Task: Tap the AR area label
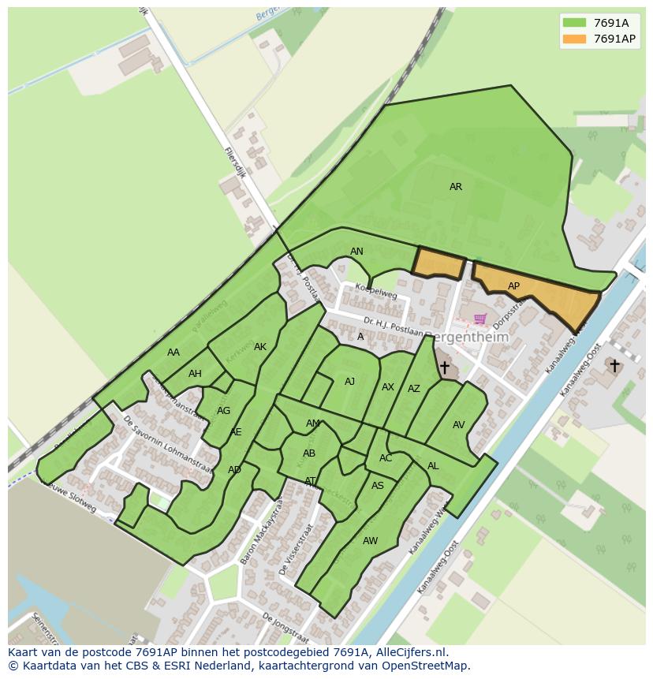pyautogui.click(x=456, y=187)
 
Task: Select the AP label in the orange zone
pyautogui.click(x=513, y=286)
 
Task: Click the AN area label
pyautogui.click(x=356, y=252)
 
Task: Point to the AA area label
pyautogui.click(x=174, y=353)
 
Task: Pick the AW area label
pyautogui.click(x=370, y=540)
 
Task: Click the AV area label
pyautogui.click(x=458, y=424)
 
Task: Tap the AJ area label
pyautogui.click(x=349, y=381)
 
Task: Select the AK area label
pyautogui.click(x=260, y=347)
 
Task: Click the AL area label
pyautogui.click(x=433, y=466)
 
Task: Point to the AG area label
pyautogui.click(x=223, y=411)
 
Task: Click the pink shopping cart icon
pyautogui.click(x=479, y=319)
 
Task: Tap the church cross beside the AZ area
pyautogui.click(x=444, y=367)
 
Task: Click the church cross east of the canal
pyautogui.click(x=614, y=366)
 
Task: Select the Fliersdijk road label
pyautogui.click(x=235, y=162)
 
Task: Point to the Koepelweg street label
pyautogui.click(x=375, y=292)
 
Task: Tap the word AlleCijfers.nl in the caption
pyautogui.click(x=409, y=652)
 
